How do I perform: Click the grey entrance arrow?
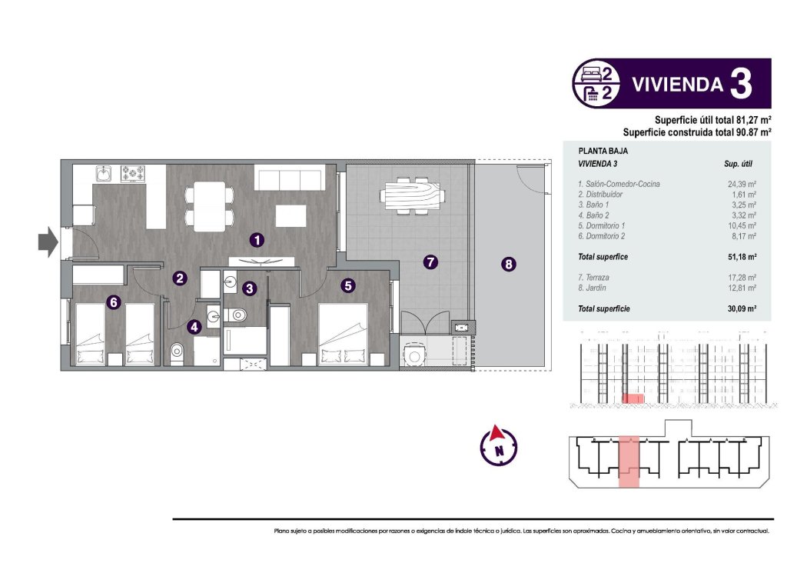[48, 242]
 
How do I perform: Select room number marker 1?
[257, 240]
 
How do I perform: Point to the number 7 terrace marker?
[430, 262]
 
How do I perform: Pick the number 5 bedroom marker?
[348, 285]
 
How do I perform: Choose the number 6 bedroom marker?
[114, 302]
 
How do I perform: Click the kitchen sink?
[104, 174]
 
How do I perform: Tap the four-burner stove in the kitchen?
[133, 174]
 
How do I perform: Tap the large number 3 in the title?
[740, 84]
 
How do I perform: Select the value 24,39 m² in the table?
[742, 185]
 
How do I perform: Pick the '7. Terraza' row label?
[595, 277]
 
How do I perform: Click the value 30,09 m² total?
[742, 308]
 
